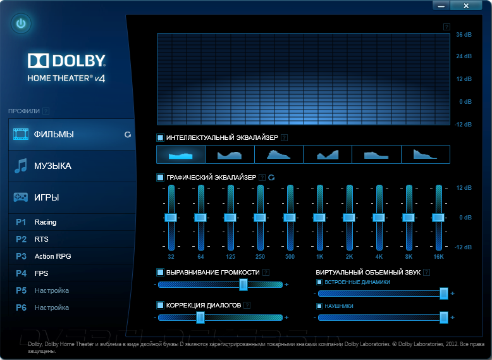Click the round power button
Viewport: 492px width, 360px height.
pos(21,24)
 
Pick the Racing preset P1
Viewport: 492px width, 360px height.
pos(46,222)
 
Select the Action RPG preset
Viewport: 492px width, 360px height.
pos(53,256)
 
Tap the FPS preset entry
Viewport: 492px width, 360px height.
pos(42,273)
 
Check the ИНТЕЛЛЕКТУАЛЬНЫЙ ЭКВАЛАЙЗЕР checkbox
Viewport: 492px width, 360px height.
pos(161,137)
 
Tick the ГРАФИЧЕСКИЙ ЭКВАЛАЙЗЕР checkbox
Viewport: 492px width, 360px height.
pos(161,178)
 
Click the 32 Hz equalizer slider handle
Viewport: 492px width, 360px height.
pos(171,217)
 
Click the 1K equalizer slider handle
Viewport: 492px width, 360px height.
pos(320,217)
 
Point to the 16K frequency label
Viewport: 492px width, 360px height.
pos(438,256)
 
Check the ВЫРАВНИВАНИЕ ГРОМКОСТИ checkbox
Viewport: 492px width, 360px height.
pos(161,272)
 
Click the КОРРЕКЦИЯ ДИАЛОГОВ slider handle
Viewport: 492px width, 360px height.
pos(200,317)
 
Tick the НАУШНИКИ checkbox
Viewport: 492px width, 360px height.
pos(319,306)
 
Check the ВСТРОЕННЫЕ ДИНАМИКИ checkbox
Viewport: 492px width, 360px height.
pos(319,282)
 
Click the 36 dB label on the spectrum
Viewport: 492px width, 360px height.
pos(464,34)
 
